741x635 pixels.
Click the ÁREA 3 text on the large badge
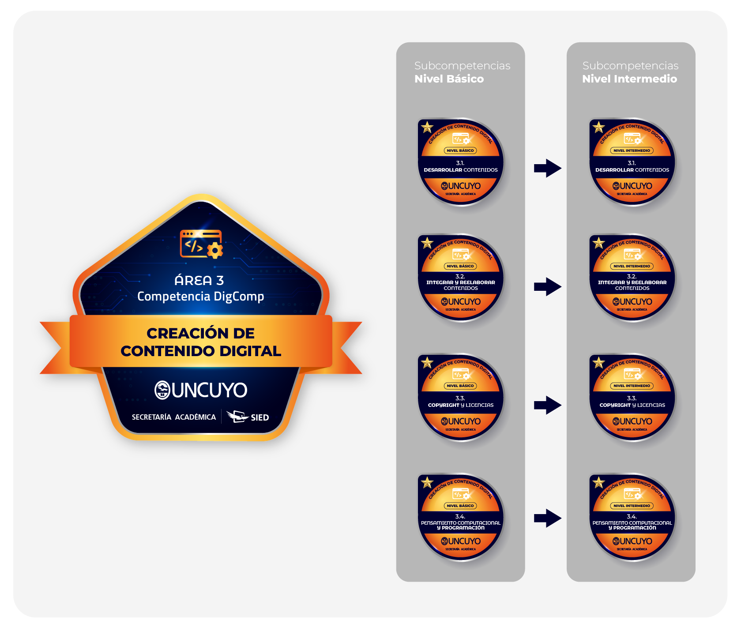point(199,280)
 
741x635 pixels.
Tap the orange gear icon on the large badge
point(215,250)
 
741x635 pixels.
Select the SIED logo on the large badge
point(248,417)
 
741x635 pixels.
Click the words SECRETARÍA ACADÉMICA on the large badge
point(174,417)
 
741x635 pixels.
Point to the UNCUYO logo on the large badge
point(201,390)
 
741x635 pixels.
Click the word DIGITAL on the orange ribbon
point(250,351)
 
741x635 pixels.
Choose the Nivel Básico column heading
point(449,79)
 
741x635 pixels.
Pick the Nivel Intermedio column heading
point(629,79)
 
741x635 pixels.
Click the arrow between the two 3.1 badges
point(547,168)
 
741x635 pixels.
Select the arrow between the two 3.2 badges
point(547,286)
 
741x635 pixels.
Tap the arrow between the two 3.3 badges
point(547,405)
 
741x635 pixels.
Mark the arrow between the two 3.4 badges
point(547,518)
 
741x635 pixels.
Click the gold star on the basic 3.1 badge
point(427,128)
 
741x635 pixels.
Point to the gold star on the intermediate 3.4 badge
point(598,482)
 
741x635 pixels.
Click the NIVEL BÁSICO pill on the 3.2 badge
point(460,266)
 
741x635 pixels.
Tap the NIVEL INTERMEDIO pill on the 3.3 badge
point(632,386)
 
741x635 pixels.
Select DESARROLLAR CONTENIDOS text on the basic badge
point(461,170)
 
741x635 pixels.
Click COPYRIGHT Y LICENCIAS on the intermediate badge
point(632,405)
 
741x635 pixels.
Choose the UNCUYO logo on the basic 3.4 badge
point(461,541)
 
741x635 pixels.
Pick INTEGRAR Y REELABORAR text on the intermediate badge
point(632,282)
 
